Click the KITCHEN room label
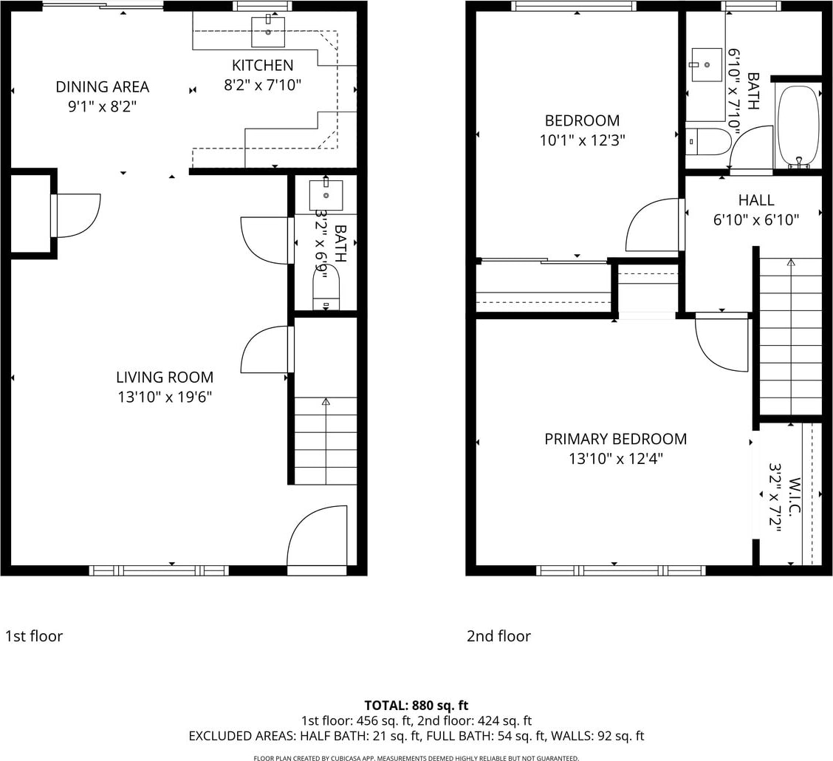point(262,65)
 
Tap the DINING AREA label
point(103,86)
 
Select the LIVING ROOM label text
point(165,378)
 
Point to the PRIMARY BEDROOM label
point(616,439)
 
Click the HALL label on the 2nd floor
point(756,200)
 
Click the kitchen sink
point(268,32)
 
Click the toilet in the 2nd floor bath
point(708,141)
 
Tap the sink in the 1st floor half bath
point(326,195)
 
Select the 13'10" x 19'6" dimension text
point(165,397)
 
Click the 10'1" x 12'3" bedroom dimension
point(582,140)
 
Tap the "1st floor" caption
point(34,636)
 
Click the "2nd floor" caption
point(499,636)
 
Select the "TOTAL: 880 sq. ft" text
point(417,706)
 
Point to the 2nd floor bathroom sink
point(707,65)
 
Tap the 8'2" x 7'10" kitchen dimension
point(262,85)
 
